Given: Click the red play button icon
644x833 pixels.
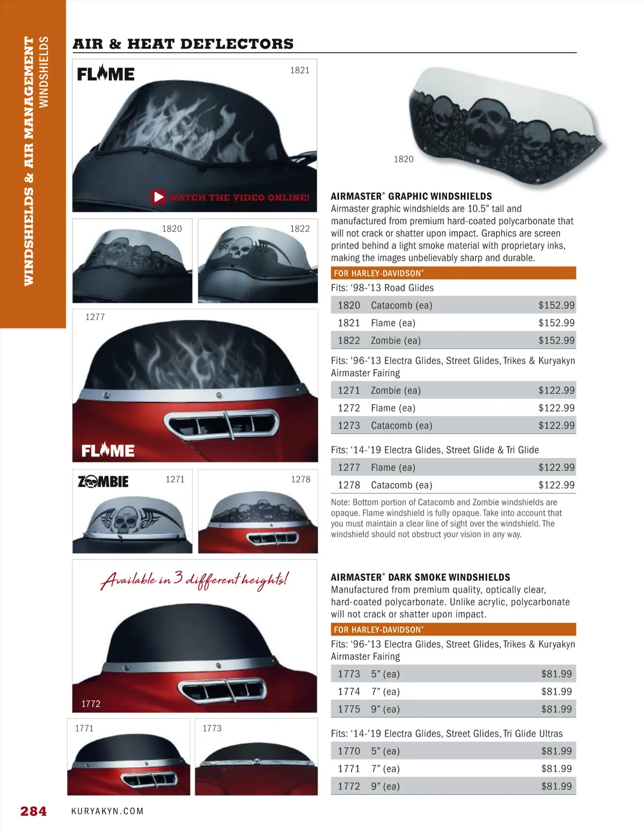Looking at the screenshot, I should [x=159, y=197].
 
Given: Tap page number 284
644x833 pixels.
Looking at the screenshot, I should [x=33, y=811].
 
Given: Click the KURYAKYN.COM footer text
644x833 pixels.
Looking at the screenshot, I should [x=107, y=811].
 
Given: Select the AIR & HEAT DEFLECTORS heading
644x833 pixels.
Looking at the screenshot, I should [x=183, y=44].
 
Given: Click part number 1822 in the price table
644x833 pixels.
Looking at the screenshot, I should [x=349, y=340].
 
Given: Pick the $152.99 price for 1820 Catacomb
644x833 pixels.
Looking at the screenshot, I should [x=556, y=305].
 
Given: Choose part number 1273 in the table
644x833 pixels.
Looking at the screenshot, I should [x=349, y=426].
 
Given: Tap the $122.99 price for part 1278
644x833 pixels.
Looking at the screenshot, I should [x=556, y=485].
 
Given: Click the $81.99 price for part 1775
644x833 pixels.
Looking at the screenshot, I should [x=556, y=709].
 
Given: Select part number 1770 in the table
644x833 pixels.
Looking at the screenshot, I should [x=349, y=751].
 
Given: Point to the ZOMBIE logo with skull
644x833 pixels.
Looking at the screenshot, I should [x=103, y=481].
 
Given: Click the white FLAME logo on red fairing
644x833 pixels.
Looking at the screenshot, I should [x=108, y=450].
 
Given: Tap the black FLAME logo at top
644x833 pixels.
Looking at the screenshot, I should [x=106, y=74].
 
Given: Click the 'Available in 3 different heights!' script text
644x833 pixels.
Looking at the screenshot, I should [x=194, y=579].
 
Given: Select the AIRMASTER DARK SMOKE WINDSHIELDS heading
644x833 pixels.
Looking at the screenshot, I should [x=420, y=577].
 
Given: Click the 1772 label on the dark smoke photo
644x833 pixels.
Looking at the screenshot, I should [x=91, y=704].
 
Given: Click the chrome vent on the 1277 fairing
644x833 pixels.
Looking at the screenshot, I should [x=223, y=424].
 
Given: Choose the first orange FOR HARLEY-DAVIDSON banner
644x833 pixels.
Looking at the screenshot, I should [x=453, y=273].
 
